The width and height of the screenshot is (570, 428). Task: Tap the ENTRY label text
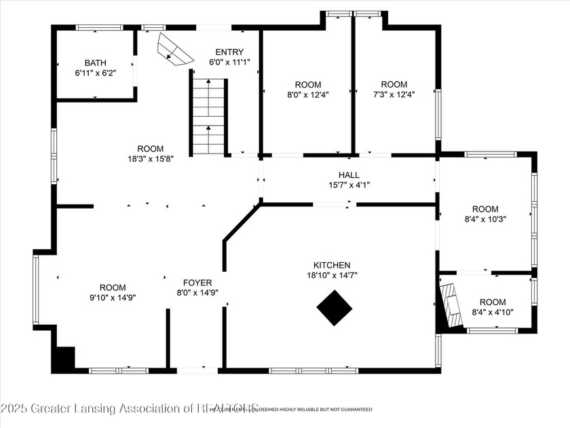229,52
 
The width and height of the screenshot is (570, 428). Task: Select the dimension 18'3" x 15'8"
150,159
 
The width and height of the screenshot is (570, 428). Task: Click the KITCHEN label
331,265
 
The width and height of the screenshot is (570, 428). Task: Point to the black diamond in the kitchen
335,308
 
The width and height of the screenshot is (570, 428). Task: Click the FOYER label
197,283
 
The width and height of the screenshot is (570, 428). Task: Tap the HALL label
349,175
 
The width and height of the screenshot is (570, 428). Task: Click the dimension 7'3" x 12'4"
394,95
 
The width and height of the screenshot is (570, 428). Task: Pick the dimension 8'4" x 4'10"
493,312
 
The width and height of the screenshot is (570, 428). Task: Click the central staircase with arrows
208,117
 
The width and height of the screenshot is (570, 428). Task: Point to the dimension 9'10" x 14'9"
113,297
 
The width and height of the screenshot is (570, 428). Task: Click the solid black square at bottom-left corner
64,358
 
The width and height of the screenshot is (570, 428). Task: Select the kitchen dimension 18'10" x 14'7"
331,275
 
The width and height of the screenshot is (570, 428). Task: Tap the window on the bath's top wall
99,28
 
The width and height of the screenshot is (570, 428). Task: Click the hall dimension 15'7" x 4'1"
349,185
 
